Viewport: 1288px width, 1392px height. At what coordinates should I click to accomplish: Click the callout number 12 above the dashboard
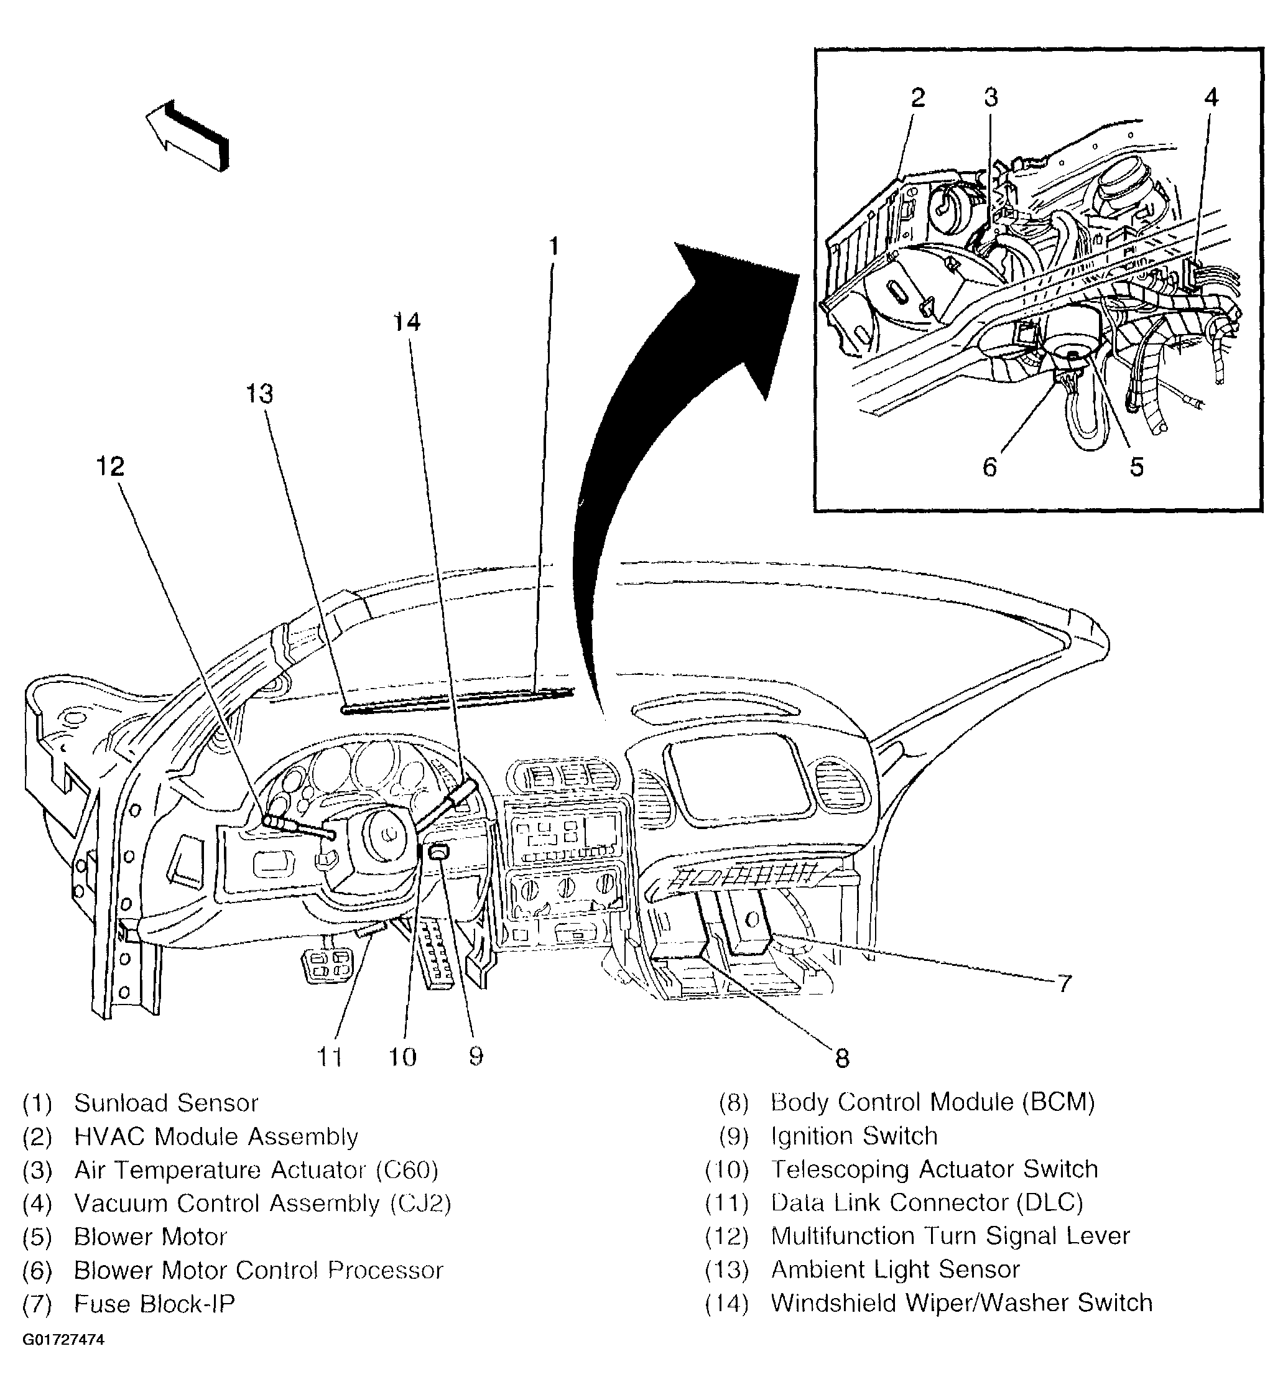(x=110, y=466)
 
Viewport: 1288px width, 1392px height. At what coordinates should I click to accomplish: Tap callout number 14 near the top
(x=407, y=323)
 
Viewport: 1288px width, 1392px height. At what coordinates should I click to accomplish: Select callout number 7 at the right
(x=1063, y=984)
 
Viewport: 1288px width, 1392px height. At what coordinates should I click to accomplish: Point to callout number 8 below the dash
(x=842, y=1059)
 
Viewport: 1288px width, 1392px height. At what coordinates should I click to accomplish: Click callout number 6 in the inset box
(x=989, y=467)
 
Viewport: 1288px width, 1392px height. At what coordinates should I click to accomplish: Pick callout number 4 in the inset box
(x=1212, y=98)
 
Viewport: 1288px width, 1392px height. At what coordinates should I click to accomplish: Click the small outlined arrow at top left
(x=187, y=134)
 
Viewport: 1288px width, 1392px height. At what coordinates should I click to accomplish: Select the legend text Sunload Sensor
(x=166, y=1103)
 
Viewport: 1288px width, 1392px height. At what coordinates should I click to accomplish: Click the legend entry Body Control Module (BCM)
(x=932, y=1102)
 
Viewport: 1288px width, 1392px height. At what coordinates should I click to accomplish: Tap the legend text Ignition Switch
(x=854, y=1136)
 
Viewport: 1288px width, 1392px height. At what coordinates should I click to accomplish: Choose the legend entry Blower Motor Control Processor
(x=258, y=1270)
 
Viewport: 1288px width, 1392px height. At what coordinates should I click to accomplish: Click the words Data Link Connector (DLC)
(x=927, y=1203)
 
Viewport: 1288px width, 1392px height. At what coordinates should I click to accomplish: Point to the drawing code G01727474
(x=63, y=1340)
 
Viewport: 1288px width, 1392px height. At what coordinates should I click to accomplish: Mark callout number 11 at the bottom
(x=330, y=1057)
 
